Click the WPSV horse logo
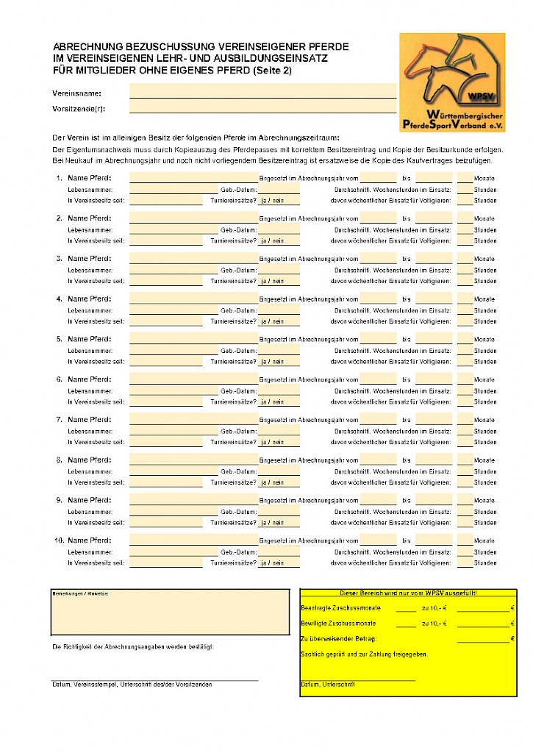(451, 81)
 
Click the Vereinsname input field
(262, 93)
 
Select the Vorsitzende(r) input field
(262, 107)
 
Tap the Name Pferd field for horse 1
(193, 177)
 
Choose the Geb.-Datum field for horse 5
(279, 351)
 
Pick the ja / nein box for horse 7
(279, 442)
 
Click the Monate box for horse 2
(465, 218)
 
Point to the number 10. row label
(59, 540)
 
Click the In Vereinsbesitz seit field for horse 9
(165, 523)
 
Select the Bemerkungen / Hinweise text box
(170, 612)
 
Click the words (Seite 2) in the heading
(272, 71)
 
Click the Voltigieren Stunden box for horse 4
(465, 321)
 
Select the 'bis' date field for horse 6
(434, 379)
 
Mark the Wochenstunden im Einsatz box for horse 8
(465, 471)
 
